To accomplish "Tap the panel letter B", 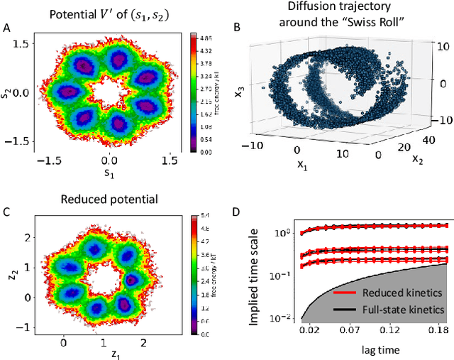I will pos(236,28).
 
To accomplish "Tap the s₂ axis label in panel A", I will pos(7,93).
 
